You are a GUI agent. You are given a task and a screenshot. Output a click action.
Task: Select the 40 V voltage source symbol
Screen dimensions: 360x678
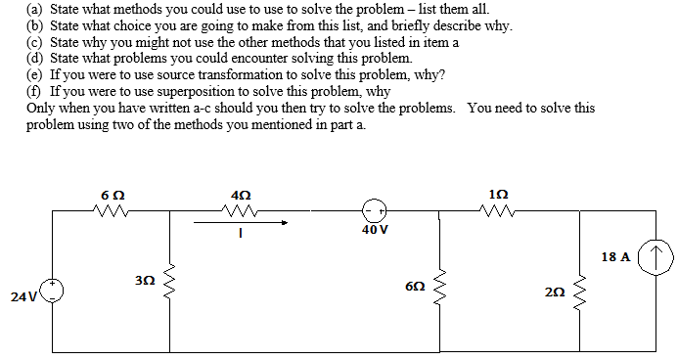click(373, 210)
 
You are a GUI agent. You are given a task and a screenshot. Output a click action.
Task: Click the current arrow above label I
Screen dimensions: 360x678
click(240, 222)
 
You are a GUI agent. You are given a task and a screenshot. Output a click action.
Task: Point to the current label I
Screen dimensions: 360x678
click(240, 237)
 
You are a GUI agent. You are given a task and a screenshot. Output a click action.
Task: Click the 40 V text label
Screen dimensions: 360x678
click(374, 231)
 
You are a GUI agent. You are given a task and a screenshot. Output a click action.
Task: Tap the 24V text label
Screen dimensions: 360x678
click(24, 293)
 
